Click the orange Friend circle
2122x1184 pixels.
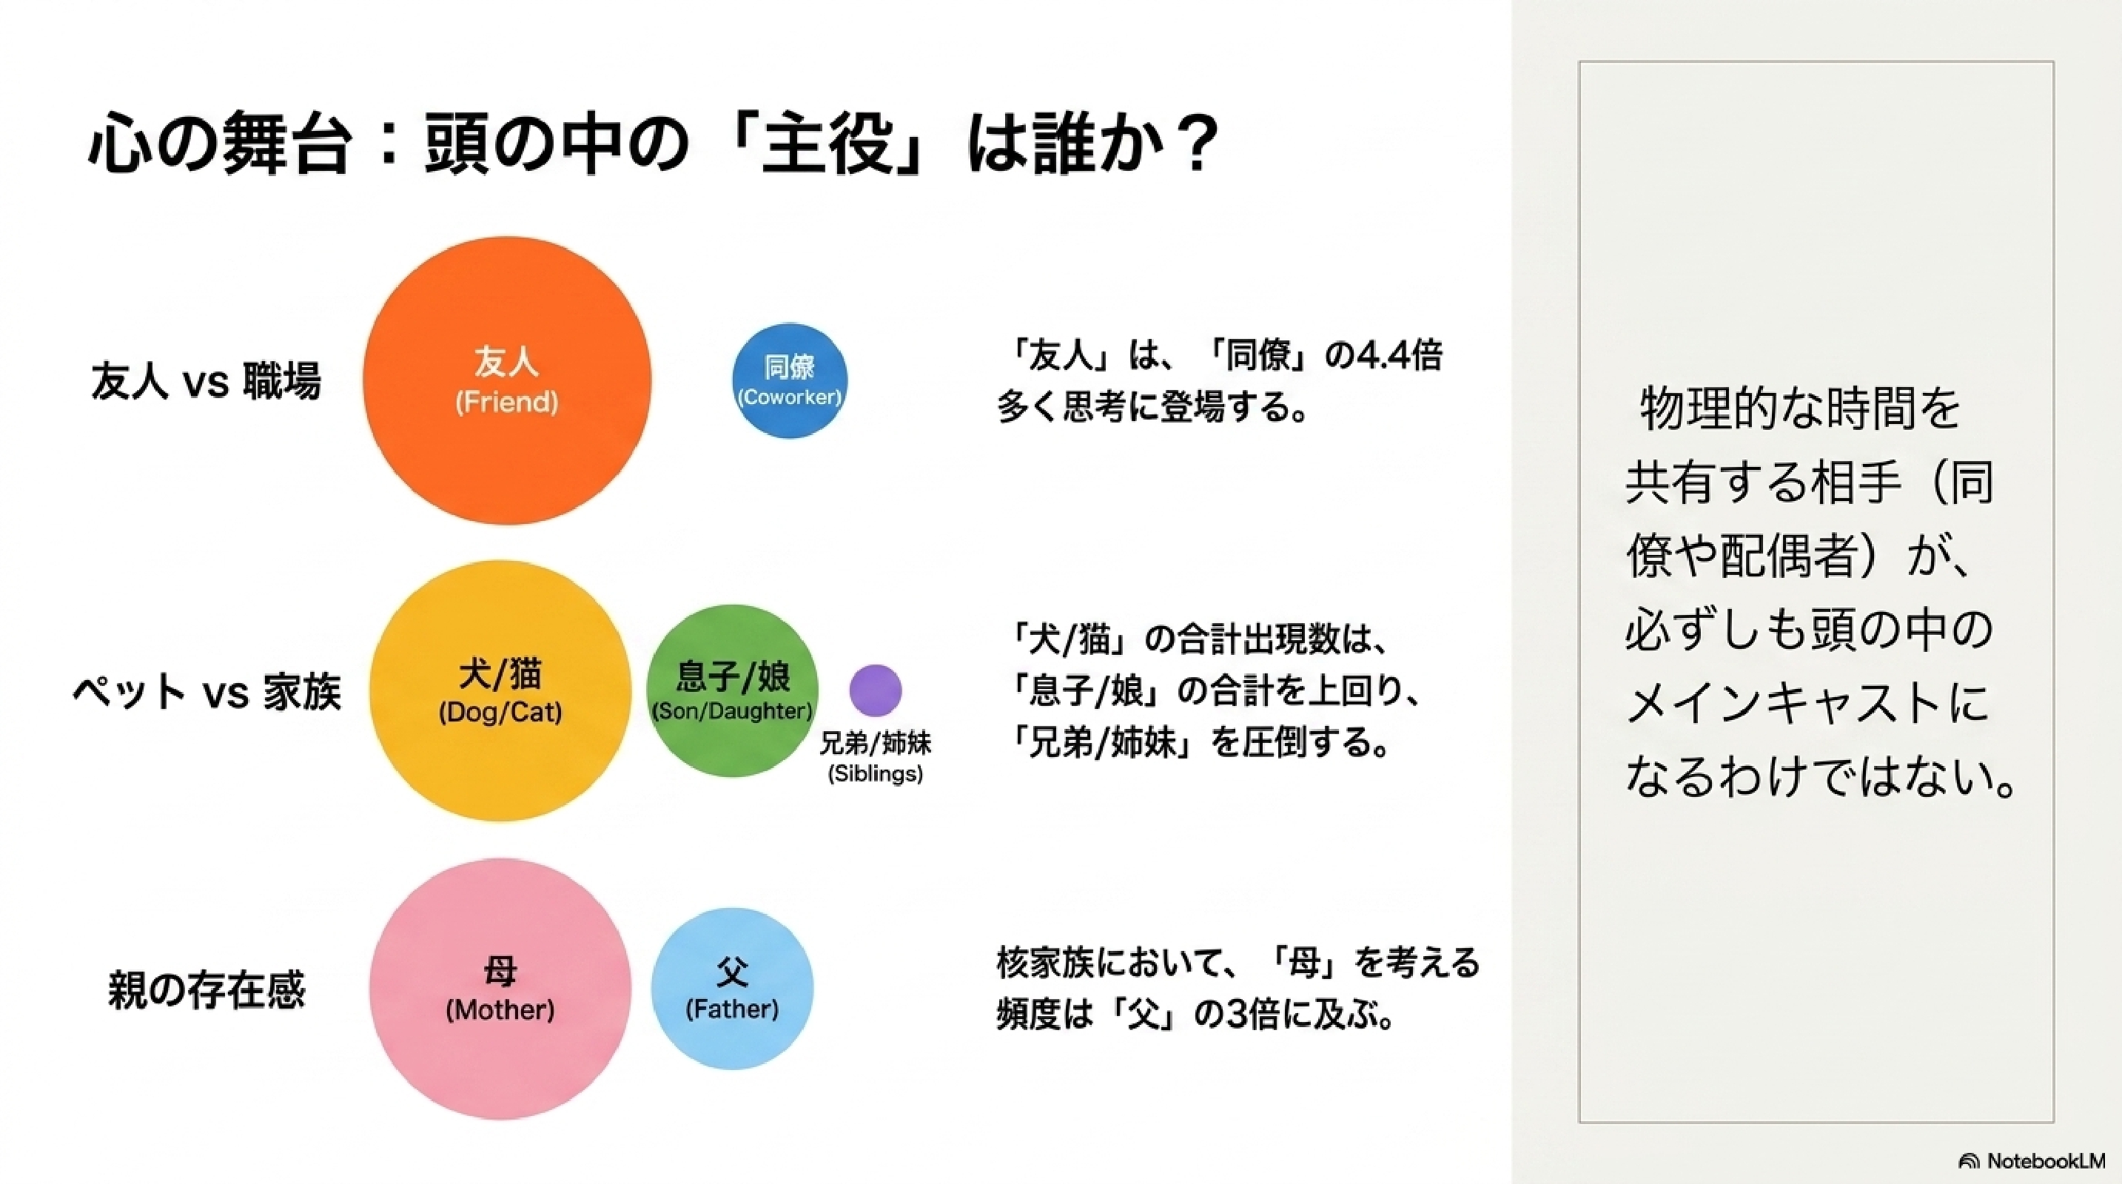[x=506, y=380]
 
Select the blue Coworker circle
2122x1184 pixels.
[x=789, y=380]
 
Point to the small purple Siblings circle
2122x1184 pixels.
[x=875, y=690]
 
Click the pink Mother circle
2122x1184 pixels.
[x=500, y=989]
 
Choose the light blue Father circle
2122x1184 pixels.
[x=731, y=989]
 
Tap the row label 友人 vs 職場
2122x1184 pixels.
[x=205, y=381]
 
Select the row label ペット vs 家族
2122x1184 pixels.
[x=206, y=691]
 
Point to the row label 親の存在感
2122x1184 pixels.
[x=206, y=989]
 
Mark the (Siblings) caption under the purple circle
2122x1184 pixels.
[x=875, y=774]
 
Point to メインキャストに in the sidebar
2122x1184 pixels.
[x=1808, y=703]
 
